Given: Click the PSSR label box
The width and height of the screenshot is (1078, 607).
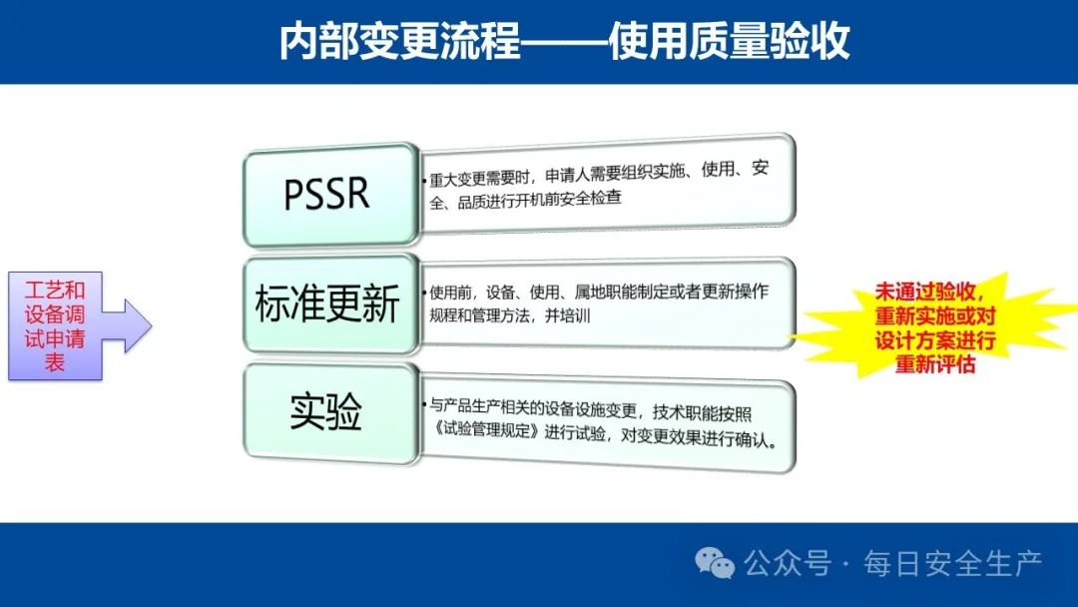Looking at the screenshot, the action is tap(330, 195).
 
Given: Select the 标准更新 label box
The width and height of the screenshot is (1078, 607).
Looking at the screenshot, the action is tap(330, 303).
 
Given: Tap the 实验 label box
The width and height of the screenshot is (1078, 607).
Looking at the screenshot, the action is tap(330, 412).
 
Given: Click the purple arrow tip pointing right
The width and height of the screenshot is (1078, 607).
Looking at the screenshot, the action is tap(151, 325).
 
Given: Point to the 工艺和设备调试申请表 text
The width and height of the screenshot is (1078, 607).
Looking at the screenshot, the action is tap(55, 325).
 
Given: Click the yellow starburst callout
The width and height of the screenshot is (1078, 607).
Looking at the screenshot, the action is tap(934, 325).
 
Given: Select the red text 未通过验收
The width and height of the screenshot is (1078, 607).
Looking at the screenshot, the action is tap(924, 293).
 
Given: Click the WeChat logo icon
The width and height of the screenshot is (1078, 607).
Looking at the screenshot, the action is tap(715, 563).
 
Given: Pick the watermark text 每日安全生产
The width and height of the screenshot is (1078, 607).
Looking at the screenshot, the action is tap(953, 564).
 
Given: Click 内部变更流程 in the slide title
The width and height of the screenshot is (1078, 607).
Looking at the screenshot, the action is tap(399, 41).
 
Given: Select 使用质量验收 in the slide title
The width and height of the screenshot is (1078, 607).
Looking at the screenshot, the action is tap(729, 41).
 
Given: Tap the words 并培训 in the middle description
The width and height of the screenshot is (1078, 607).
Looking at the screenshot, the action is tap(568, 315).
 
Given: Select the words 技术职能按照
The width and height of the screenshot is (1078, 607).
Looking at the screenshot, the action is tap(702, 413).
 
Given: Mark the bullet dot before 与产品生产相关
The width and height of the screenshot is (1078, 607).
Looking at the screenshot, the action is tap(424, 405).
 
